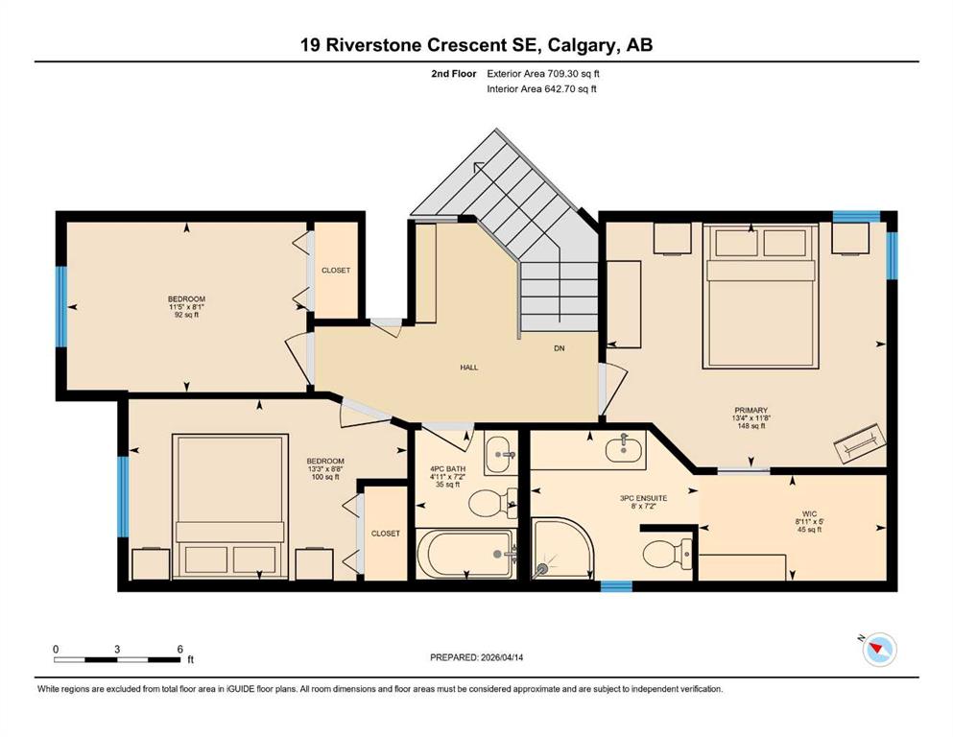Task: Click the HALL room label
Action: pos(468,367)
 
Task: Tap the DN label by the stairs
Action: pos(560,348)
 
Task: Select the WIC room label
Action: pos(810,513)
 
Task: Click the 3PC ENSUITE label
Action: pos(643,498)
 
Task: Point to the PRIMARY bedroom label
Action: pos(750,410)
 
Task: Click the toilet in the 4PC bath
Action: pos(493,503)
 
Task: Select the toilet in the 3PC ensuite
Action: pos(667,554)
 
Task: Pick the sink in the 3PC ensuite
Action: pos(624,449)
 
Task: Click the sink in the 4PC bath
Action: pos(501,453)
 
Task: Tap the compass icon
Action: pos(879,649)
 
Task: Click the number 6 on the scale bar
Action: pos(179,649)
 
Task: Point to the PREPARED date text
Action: pos(476,657)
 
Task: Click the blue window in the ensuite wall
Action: pos(616,586)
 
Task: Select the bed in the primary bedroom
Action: pos(759,296)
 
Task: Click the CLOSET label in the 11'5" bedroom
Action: pos(336,271)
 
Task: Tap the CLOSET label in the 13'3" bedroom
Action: pos(386,534)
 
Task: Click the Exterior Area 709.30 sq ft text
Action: pos(543,74)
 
